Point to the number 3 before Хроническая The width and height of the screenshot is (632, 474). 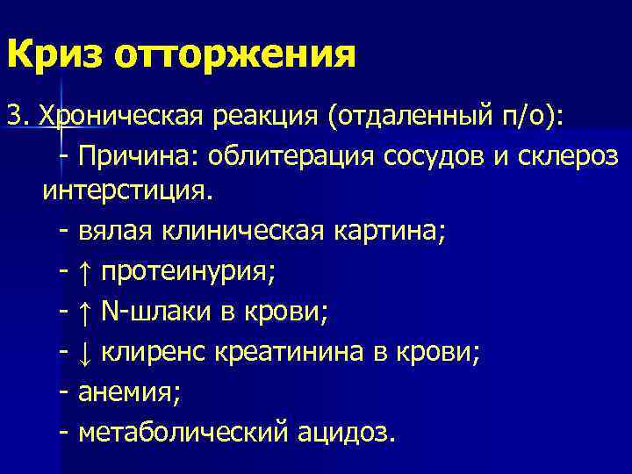(13, 115)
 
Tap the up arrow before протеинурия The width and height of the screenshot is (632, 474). (85, 272)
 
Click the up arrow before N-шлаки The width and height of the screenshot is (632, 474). (85, 312)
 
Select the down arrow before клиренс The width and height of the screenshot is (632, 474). (85, 353)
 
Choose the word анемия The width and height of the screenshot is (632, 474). (128, 393)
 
